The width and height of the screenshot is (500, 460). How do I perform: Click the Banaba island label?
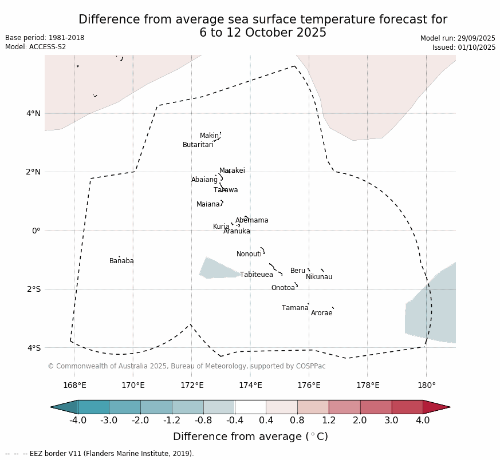[121, 261]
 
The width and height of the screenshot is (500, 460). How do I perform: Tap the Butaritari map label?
[198, 145]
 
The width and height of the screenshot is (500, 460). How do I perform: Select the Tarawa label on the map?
[226, 190]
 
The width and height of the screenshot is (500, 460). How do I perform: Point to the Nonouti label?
[249, 254]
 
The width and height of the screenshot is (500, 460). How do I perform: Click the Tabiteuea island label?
[256, 275]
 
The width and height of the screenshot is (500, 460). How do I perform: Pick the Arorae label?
[321, 313]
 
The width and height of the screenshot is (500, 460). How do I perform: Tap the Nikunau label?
[318, 277]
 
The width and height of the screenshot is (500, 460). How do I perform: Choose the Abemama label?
[251, 220]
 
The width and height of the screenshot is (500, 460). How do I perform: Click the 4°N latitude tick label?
[33, 113]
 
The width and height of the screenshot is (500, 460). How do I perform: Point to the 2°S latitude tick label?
[33, 289]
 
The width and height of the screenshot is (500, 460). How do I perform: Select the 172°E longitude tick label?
[191, 385]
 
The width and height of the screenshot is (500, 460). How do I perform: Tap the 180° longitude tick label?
[426, 385]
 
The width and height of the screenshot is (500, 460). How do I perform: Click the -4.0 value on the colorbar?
[77, 421]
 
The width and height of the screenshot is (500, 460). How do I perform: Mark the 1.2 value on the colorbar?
[329, 421]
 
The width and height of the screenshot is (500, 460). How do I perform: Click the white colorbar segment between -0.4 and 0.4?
[250, 407]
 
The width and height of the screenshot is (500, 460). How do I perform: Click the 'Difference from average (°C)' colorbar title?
[250, 437]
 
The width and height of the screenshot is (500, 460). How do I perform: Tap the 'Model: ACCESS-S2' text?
[36, 47]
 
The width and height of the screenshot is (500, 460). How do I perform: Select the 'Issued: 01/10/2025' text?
[463, 47]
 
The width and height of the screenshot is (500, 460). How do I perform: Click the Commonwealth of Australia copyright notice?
[186, 366]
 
